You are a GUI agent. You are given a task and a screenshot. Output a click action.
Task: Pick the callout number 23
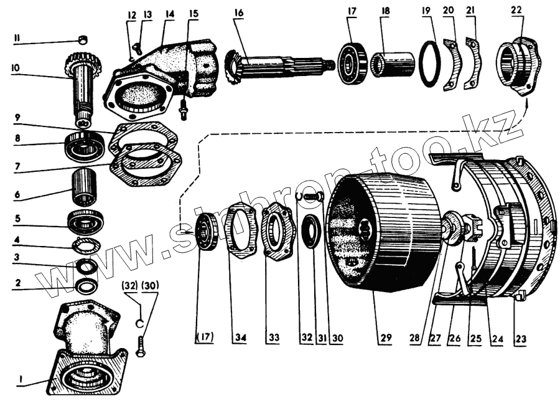coord(520,339)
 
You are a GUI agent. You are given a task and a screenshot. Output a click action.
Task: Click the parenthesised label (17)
coord(204,338)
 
